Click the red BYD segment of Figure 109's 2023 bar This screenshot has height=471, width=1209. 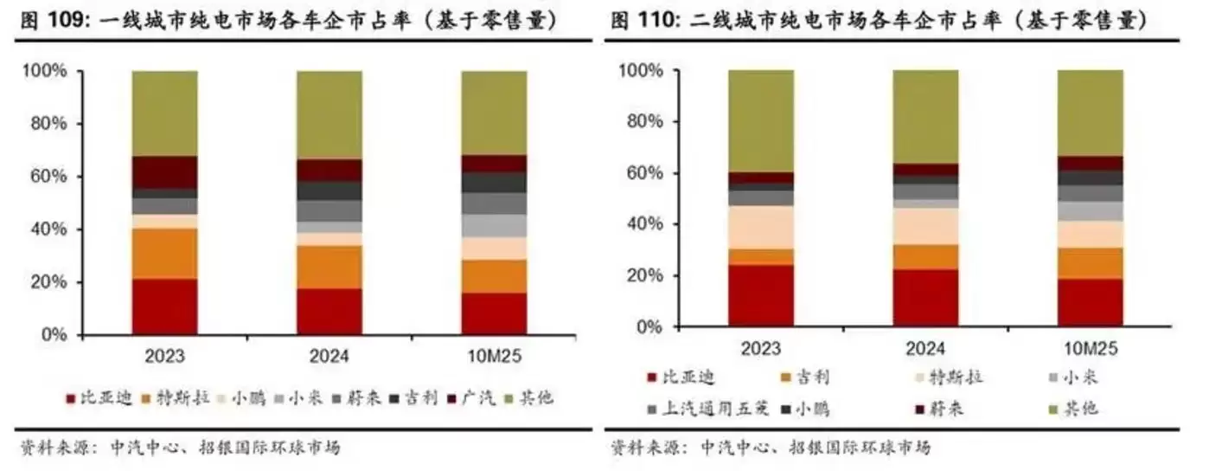(164, 306)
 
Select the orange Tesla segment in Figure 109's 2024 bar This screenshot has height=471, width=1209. (329, 267)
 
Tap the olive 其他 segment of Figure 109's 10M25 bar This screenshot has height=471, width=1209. (494, 113)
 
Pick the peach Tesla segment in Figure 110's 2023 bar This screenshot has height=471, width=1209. (760, 227)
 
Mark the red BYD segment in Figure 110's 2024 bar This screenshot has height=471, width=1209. (925, 298)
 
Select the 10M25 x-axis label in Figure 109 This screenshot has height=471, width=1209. (494, 355)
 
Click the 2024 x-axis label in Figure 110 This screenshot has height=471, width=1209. (925, 348)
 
